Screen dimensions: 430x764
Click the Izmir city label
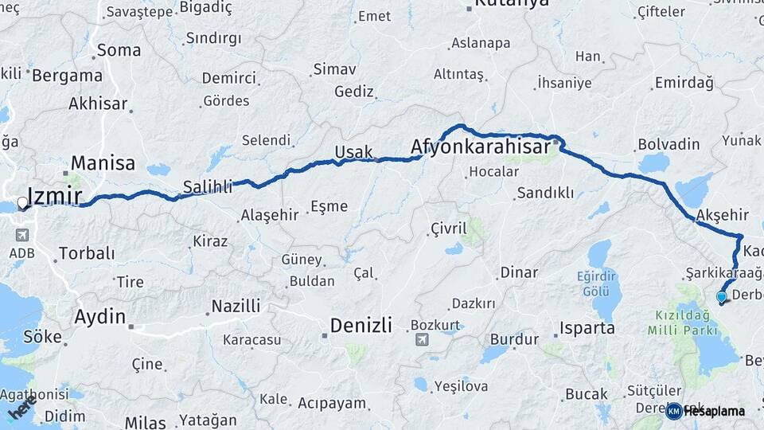[x=54, y=195]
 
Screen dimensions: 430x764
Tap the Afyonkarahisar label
[x=481, y=147]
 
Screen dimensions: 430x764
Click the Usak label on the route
[x=353, y=152]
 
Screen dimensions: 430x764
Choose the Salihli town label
[x=207, y=187]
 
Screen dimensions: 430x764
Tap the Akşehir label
[x=722, y=215]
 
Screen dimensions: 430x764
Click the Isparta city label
[x=587, y=328]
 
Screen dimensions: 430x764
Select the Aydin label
[x=99, y=316]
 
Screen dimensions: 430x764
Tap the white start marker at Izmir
[x=22, y=203]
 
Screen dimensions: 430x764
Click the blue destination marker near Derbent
[x=721, y=298]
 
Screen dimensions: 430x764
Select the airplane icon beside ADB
[x=21, y=235]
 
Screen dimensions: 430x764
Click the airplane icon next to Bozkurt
[x=421, y=340]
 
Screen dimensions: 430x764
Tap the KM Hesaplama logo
[x=706, y=411]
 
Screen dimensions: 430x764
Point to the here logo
[x=22, y=409]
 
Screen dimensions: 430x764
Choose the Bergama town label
[x=68, y=76]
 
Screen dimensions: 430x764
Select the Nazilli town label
[x=236, y=306]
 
